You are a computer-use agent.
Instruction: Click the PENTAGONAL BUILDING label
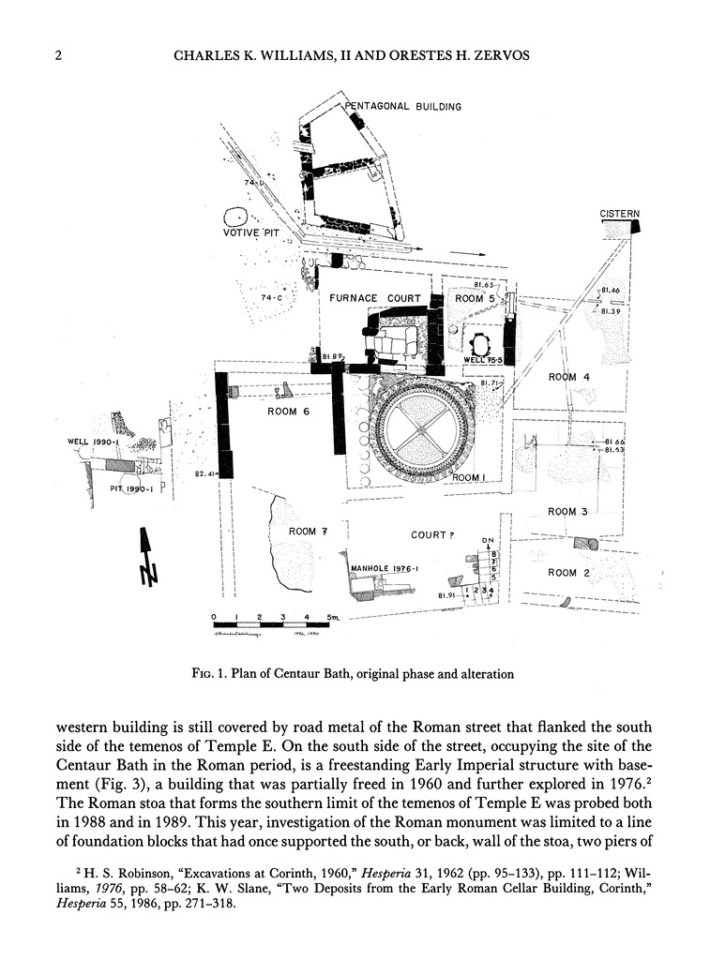click(403, 107)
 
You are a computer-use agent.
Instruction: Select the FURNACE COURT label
click(374, 299)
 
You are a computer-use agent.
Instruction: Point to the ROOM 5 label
click(474, 298)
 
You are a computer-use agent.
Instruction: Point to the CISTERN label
click(619, 215)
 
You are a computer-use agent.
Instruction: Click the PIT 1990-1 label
click(124, 487)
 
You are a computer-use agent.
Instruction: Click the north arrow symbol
click(145, 558)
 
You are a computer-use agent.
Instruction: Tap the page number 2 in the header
click(58, 56)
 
